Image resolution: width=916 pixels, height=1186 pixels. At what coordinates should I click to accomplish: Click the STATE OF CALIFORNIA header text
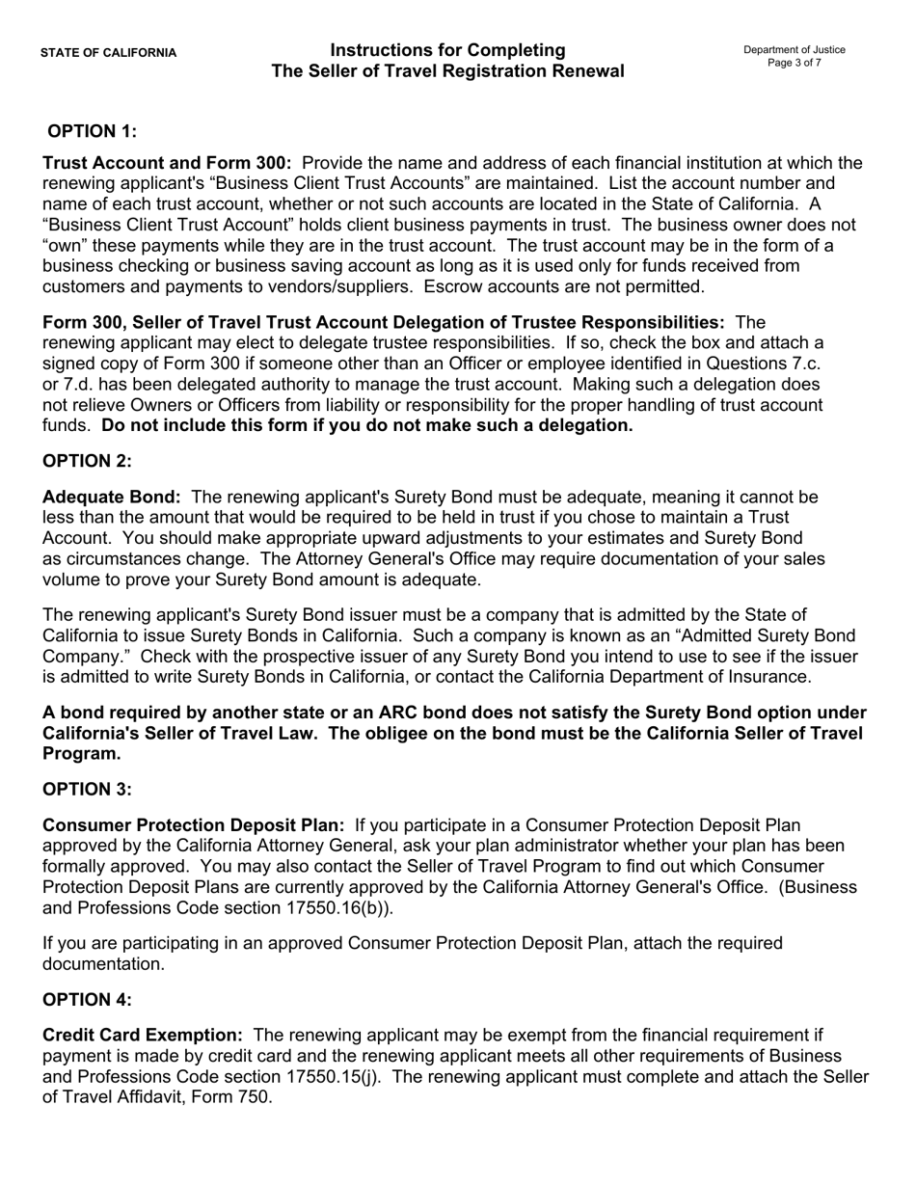click(x=108, y=53)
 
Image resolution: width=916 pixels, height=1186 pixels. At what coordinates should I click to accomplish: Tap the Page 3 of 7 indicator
click(x=795, y=63)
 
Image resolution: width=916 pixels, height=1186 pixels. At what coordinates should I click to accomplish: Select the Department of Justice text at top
click(x=795, y=49)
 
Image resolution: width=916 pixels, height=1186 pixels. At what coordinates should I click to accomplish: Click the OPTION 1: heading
click(x=93, y=131)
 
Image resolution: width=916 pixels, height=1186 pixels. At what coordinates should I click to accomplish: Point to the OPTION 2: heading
click(x=87, y=461)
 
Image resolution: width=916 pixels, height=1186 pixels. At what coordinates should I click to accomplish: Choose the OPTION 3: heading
click(x=87, y=789)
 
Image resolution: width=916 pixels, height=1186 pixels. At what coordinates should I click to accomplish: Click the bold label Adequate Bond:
click(x=112, y=497)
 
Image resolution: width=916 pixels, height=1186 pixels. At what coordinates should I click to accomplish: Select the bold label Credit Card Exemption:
click(x=143, y=1035)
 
